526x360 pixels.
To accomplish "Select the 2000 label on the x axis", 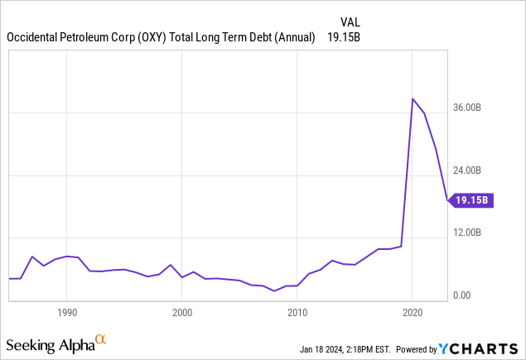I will [182, 313].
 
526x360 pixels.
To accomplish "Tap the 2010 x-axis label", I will [297, 313].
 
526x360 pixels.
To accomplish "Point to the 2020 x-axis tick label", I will [413, 313].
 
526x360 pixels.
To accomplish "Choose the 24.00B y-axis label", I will [477, 170].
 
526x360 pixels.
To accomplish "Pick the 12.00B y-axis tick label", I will [477, 233].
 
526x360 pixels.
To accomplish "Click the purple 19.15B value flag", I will [472, 200].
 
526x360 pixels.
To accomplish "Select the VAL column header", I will [350, 21].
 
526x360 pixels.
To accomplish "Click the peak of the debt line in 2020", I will [413, 98].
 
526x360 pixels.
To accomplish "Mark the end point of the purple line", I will [447, 200].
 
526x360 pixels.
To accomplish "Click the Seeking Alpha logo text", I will [49, 343].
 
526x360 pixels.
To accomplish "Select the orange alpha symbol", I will [101, 339].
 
